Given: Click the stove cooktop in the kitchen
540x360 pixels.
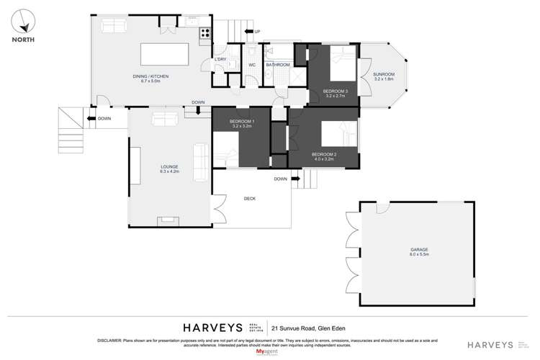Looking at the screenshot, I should click(205, 32).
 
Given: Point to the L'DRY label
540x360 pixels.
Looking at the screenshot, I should click(222, 60).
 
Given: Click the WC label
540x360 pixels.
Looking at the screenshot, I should click(252, 65).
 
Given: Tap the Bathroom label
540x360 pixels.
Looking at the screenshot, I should click(277, 65).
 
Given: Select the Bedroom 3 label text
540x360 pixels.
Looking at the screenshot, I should click(335, 92).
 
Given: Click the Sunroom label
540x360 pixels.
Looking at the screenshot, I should click(384, 75).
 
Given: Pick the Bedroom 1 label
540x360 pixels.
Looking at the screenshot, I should click(241, 122).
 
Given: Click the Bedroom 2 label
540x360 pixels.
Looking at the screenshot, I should click(324, 155).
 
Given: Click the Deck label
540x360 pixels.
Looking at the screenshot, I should click(251, 199).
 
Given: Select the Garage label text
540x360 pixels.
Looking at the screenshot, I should click(419, 250).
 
